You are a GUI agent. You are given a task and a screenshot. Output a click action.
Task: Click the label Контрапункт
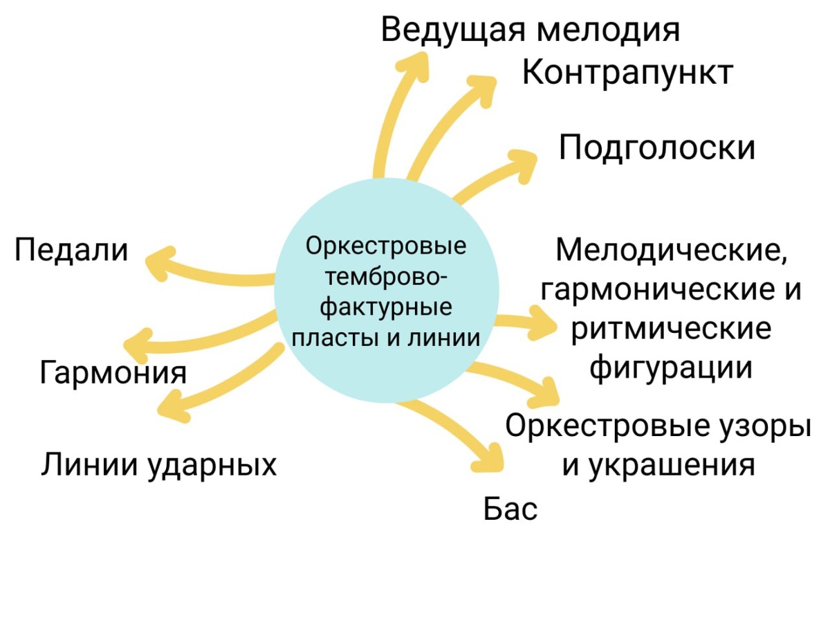point(627,73)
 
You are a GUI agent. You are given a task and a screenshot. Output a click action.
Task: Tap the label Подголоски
point(657,148)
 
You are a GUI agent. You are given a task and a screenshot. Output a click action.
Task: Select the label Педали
point(72,250)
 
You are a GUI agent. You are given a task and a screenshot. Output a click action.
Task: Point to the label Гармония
point(113,372)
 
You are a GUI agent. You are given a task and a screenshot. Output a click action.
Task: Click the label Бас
point(510,510)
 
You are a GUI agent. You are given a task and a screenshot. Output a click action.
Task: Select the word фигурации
point(671,367)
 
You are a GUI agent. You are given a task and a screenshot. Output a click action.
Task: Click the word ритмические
point(671,328)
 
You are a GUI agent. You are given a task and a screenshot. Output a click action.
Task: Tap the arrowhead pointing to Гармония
point(136,343)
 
